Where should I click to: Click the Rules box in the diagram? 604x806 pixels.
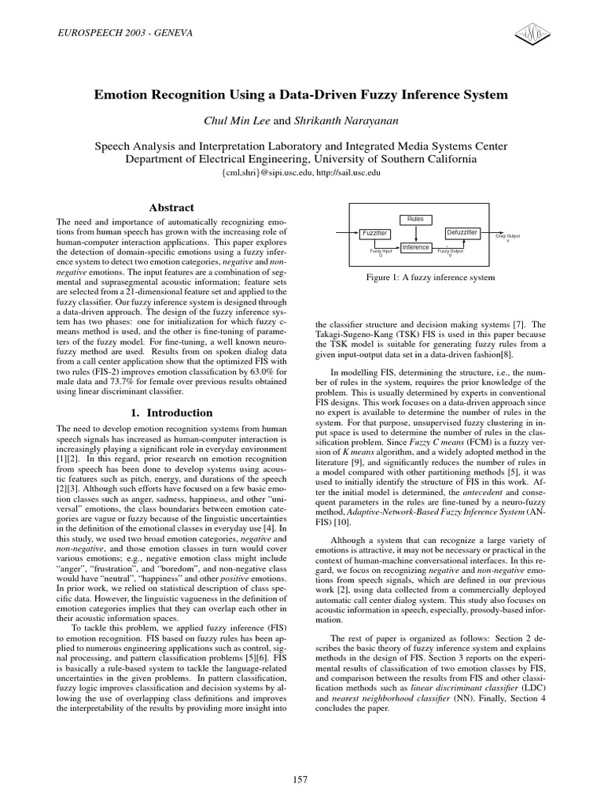414,218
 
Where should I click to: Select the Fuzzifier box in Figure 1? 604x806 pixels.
374,234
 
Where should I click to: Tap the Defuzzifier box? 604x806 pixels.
461,233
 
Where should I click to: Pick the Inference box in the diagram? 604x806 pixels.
415,247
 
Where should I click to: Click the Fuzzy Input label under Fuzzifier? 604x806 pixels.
381,251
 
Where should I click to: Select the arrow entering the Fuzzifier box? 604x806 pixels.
346,234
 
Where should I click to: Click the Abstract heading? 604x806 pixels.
171,208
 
